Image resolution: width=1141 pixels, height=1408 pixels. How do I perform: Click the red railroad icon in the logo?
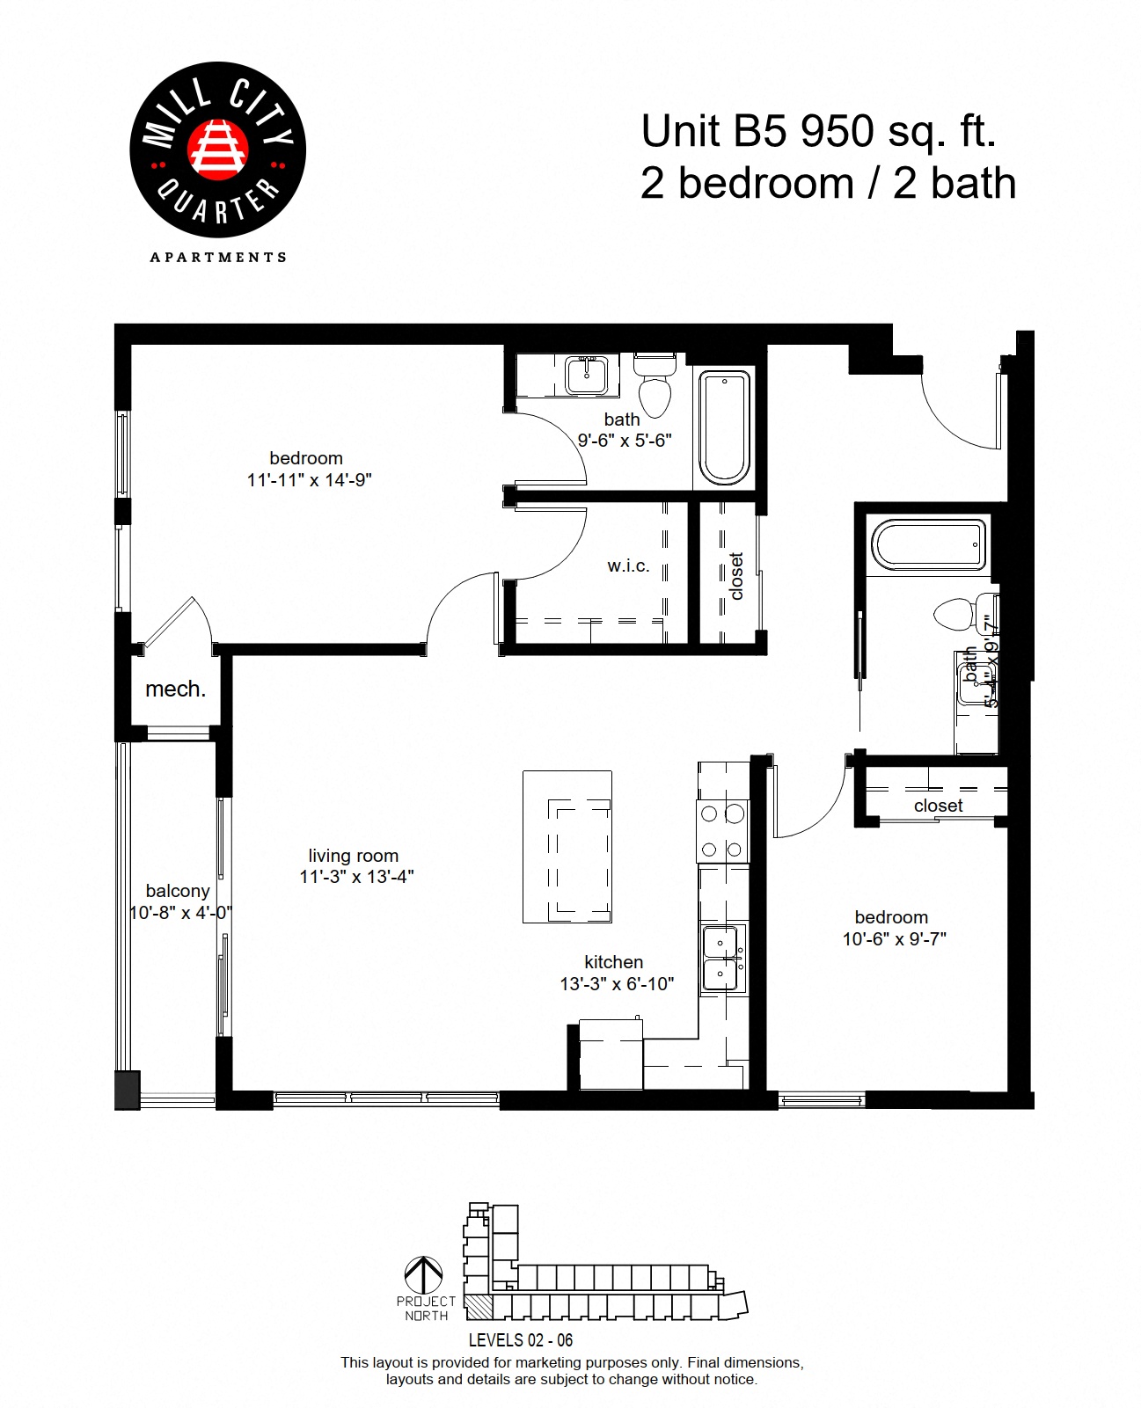click(217, 149)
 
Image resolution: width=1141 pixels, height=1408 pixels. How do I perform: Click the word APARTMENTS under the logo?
click(218, 258)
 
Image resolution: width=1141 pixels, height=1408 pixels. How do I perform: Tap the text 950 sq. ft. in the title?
click(898, 132)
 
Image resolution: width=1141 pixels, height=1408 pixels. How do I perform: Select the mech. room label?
click(175, 689)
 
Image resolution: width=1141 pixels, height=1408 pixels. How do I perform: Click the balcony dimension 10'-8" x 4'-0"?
click(179, 913)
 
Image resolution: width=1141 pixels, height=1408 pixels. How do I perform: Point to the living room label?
click(354, 856)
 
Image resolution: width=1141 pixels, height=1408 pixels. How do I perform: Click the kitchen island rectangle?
click(567, 846)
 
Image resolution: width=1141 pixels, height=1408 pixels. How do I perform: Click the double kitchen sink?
click(721, 959)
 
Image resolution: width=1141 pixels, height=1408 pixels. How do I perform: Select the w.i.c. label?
click(628, 566)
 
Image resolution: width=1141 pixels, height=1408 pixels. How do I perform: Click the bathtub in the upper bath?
click(725, 427)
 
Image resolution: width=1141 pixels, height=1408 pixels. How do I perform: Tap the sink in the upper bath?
click(586, 376)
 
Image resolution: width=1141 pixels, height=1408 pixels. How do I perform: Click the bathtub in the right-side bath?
click(929, 544)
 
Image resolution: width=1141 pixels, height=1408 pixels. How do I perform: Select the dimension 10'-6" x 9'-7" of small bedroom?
click(894, 939)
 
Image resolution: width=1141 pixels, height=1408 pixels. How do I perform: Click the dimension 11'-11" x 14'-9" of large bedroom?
click(309, 480)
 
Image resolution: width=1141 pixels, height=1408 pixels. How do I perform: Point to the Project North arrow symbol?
click(423, 1274)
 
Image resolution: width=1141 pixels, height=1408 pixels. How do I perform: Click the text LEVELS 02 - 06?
click(520, 1340)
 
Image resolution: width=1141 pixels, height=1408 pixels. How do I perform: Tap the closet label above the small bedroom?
click(938, 806)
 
